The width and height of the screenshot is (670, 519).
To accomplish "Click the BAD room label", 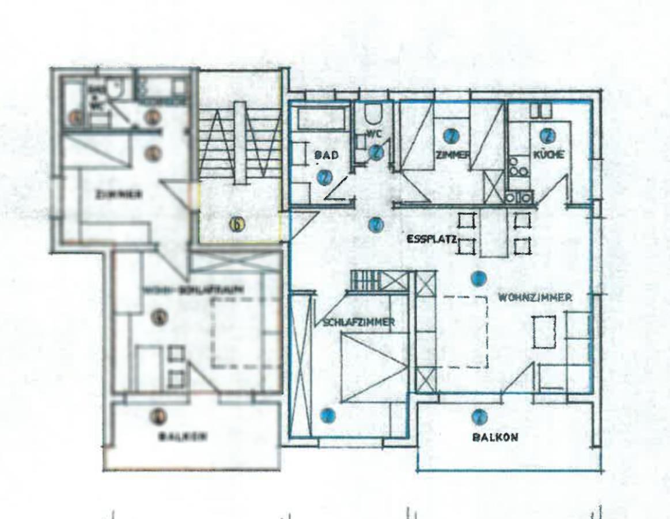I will (x=325, y=155).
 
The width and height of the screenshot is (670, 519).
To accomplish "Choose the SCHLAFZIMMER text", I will (x=355, y=322).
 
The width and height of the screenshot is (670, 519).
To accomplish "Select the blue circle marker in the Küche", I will (x=546, y=136).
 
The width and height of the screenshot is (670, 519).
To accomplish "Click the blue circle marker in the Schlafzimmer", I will (x=328, y=415).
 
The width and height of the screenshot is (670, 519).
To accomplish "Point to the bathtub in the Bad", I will (x=320, y=118).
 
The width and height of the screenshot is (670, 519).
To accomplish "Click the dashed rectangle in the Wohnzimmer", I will (x=465, y=332).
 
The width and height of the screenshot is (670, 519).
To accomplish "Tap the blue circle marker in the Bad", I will (x=324, y=177).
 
